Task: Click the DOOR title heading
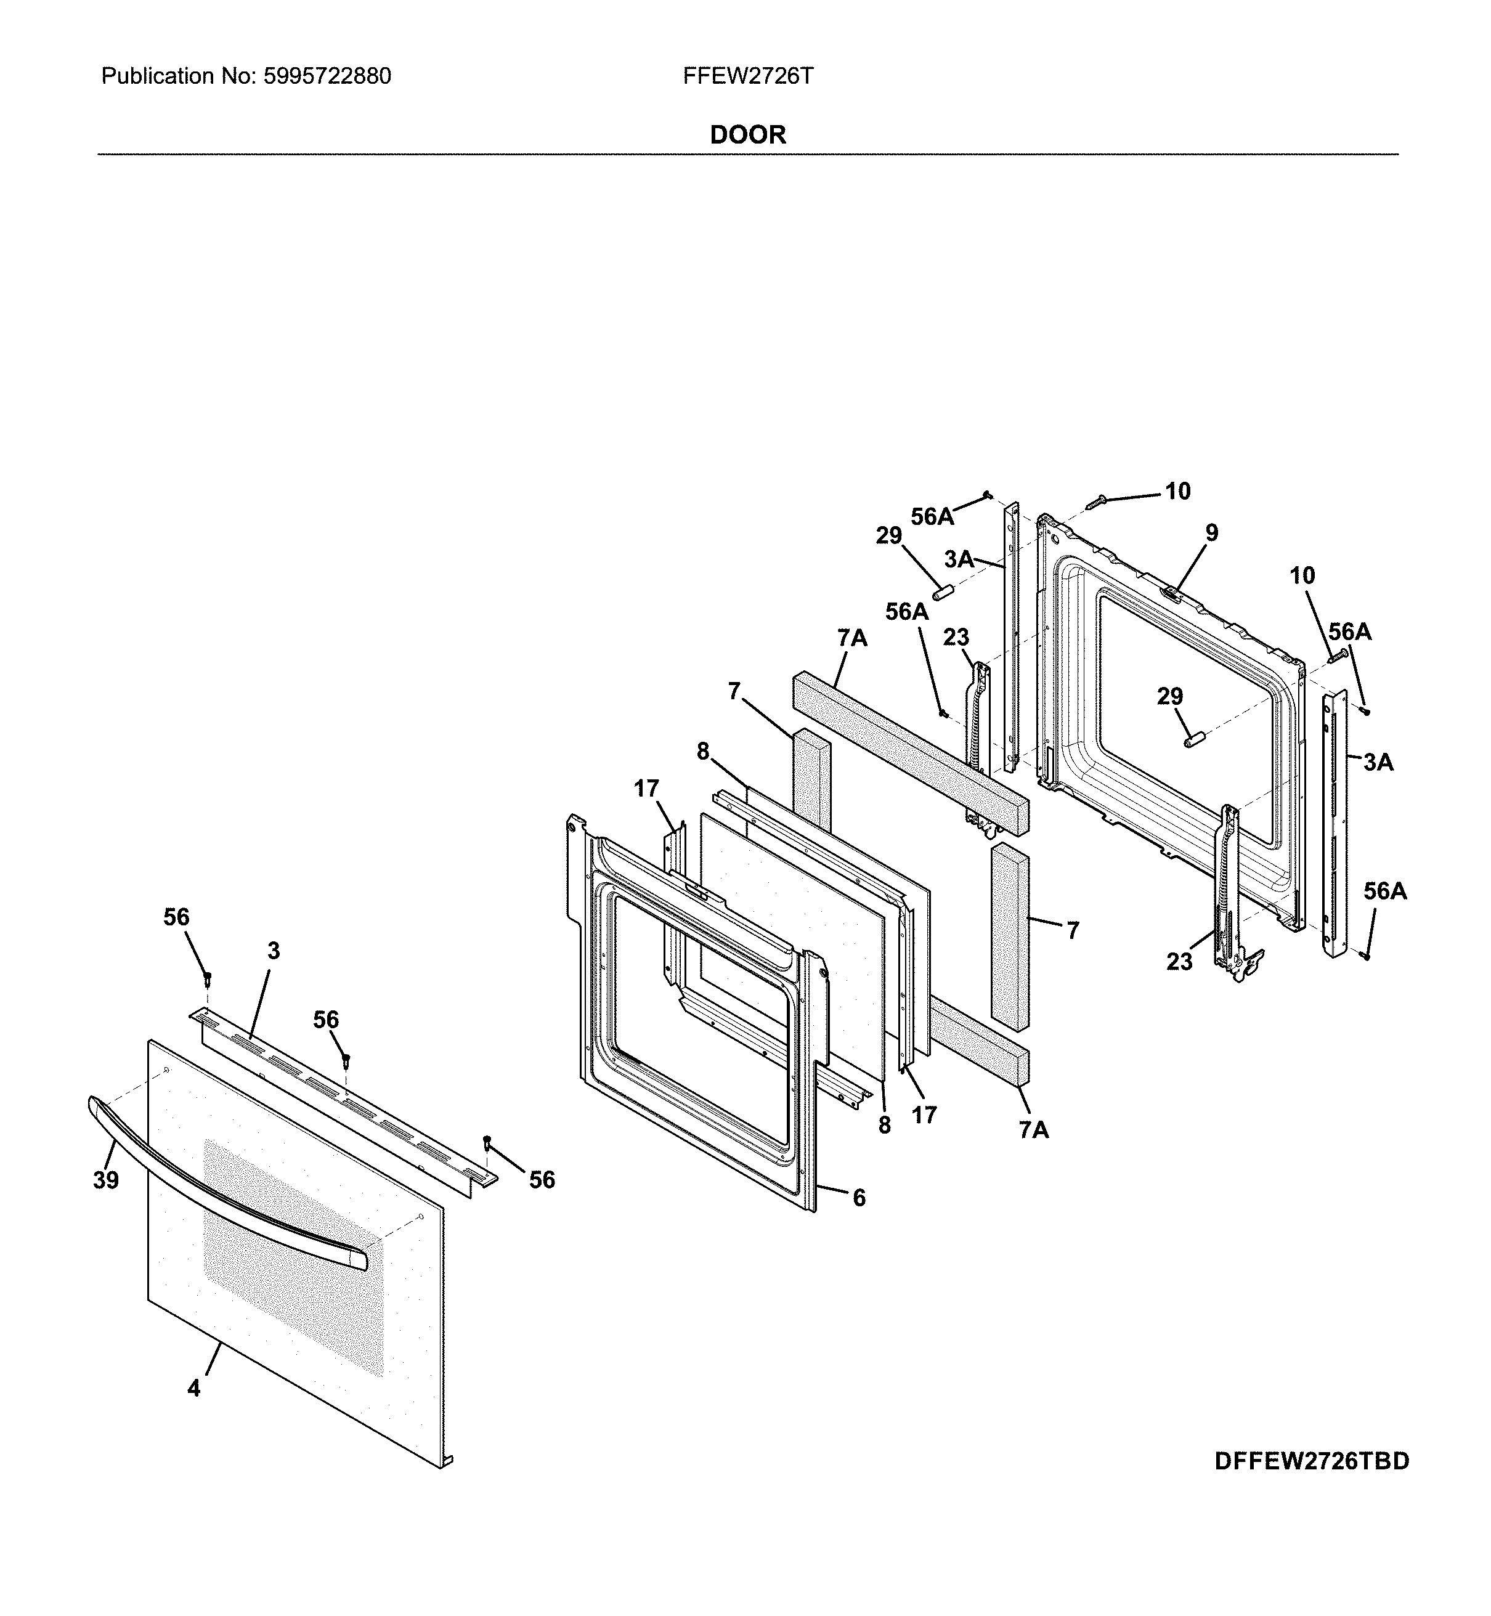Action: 747,135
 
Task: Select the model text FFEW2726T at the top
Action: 747,76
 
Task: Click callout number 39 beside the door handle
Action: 106,1180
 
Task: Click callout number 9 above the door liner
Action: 1211,532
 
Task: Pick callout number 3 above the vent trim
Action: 274,952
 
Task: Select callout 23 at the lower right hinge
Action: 1179,962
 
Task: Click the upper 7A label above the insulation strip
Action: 852,638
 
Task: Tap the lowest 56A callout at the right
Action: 1384,891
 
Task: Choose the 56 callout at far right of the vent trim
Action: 542,1180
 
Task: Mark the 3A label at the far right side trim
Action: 1378,761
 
